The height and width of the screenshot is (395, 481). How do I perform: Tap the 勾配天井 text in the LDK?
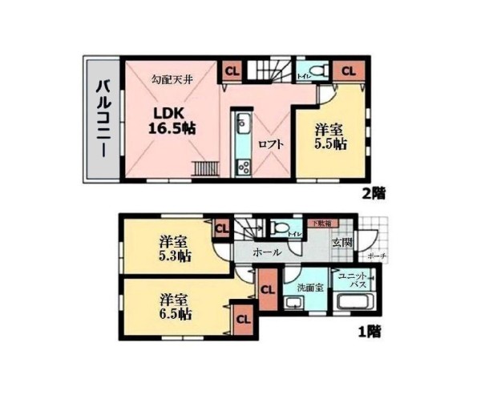coord(172,80)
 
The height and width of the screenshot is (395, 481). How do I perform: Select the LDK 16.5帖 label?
coord(172,119)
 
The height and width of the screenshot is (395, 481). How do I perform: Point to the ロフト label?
coord(268,145)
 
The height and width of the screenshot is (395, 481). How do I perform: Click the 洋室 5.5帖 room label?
coord(329,136)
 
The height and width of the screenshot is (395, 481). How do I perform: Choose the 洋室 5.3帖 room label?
coord(174,248)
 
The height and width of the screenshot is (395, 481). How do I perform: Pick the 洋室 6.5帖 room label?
coord(174,307)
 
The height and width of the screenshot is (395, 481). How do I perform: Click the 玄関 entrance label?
coord(342,243)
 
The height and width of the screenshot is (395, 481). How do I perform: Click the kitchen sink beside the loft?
coord(243,125)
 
